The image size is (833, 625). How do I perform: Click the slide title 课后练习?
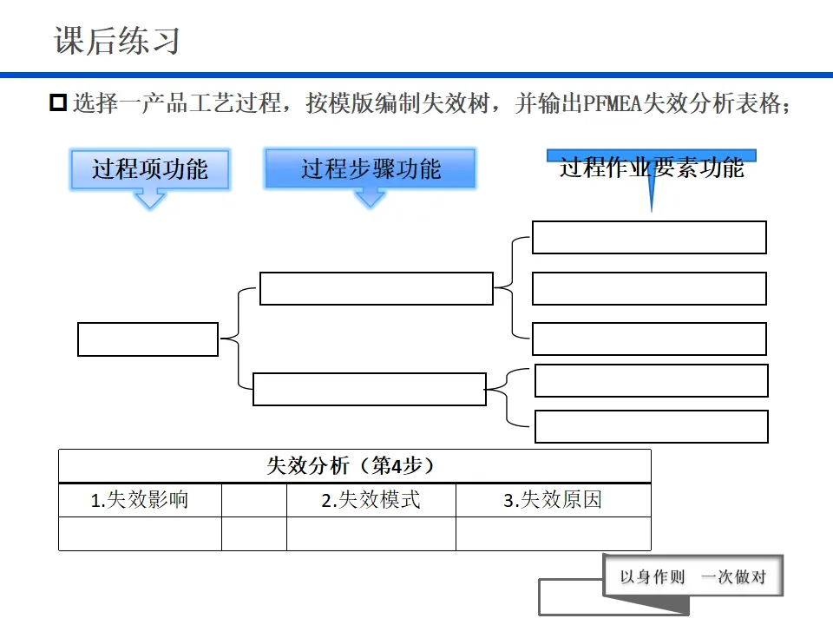click(x=117, y=41)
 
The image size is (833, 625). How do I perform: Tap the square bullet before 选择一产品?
click(x=58, y=103)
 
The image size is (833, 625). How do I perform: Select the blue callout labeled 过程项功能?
click(x=149, y=168)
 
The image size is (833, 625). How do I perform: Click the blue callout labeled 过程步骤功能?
click(x=371, y=168)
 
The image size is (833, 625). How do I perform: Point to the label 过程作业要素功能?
click(x=651, y=168)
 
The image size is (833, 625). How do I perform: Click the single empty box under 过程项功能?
click(x=148, y=339)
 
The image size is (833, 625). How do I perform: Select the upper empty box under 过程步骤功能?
click(x=377, y=288)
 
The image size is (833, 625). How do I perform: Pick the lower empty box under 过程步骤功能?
click(x=370, y=389)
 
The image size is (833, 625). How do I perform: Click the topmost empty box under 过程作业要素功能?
click(x=649, y=237)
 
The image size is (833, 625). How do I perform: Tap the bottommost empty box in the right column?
click(x=651, y=426)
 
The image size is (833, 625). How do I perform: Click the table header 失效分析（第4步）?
click(x=354, y=466)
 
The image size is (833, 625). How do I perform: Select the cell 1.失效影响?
click(x=140, y=500)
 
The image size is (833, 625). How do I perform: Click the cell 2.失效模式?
click(x=371, y=500)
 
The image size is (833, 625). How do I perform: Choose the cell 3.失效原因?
click(x=553, y=500)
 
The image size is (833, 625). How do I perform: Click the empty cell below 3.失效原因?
click(x=553, y=534)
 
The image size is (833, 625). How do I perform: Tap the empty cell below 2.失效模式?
click(x=371, y=534)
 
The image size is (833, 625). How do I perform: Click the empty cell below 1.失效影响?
click(x=140, y=534)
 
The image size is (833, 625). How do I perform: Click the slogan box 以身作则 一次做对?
click(x=693, y=576)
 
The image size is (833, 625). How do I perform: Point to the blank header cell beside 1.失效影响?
click(x=254, y=500)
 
